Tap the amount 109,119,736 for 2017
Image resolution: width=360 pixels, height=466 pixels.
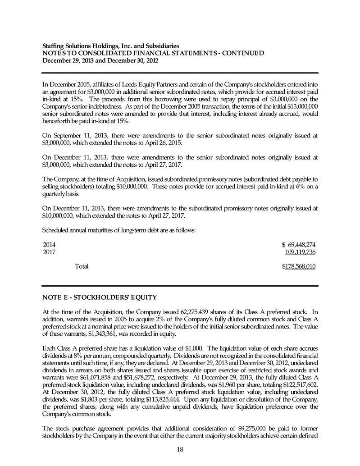click(x=299, y=252)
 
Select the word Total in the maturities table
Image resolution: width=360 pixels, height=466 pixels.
click(x=81, y=266)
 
